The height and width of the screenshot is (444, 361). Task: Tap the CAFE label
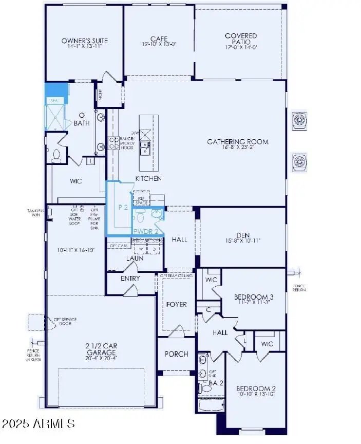pos(159,39)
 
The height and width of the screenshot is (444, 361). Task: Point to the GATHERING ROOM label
pos(237,142)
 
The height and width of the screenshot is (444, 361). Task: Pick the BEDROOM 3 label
pos(253,297)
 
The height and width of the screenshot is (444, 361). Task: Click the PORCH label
pos(176,354)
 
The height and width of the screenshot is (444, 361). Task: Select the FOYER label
pos(176,304)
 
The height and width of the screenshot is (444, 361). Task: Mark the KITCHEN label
pos(148,178)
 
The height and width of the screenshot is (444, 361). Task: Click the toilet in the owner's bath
pos(57,154)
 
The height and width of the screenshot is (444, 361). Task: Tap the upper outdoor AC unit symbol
pos(299,120)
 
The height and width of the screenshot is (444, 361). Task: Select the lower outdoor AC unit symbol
pos(299,162)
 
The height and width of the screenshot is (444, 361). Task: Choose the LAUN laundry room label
pos(135,258)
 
